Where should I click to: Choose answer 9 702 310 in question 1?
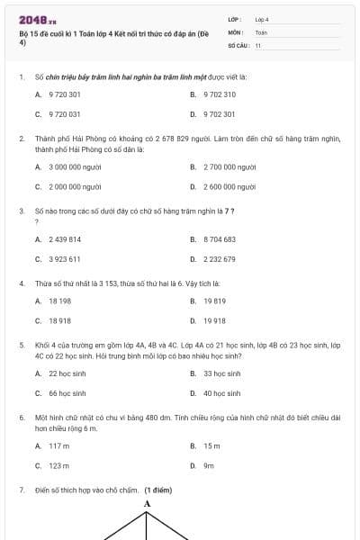pyautogui.click(x=219, y=94)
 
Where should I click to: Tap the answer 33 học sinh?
pyautogui.click(x=221, y=373)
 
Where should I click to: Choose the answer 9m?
pyautogui.click(x=208, y=466)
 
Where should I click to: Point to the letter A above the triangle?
pyautogui.click(x=148, y=503)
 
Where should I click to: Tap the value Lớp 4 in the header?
pyautogui.click(x=262, y=19)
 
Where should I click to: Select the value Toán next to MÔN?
pyautogui.click(x=261, y=31)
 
